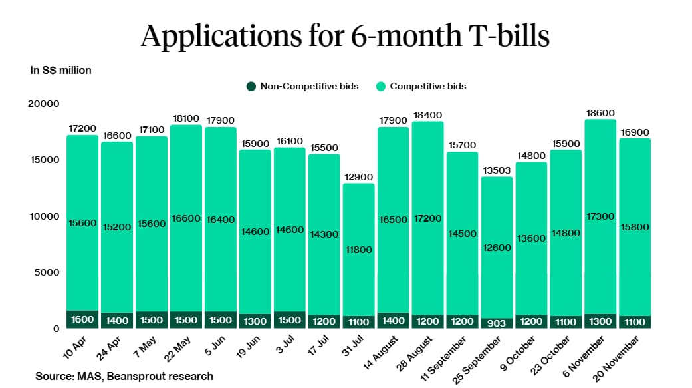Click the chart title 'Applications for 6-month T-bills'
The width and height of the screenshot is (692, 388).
pyautogui.click(x=345, y=35)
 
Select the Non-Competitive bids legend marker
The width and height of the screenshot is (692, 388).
pyautogui.click(x=251, y=86)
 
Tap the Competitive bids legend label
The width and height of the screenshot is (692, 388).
pyautogui.click(x=427, y=86)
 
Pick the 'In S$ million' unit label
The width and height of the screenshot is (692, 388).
pyautogui.click(x=61, y=70)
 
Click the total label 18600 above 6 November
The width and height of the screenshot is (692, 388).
pyautogui.click(x=600, y=114)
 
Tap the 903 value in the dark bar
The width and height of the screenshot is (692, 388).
pyautogui.click(x=497, y=323)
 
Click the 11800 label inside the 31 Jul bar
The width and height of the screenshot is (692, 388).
pyautogui.click(x=358, y=250)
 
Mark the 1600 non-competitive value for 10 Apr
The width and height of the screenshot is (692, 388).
pyautogui.click(x=82, y=319)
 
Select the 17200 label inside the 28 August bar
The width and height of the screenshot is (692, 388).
pyautogui.click(x=427, y=218)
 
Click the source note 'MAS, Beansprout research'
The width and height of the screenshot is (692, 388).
pyautogui.click(x=124, y=376)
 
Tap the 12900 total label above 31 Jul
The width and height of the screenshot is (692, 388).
pyautogui.click(x=358, y=177)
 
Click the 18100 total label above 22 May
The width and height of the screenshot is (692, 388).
pyautogui.click(x=185, y=118)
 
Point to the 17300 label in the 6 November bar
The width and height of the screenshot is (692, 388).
pyautogui.click(x=600, y=217)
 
